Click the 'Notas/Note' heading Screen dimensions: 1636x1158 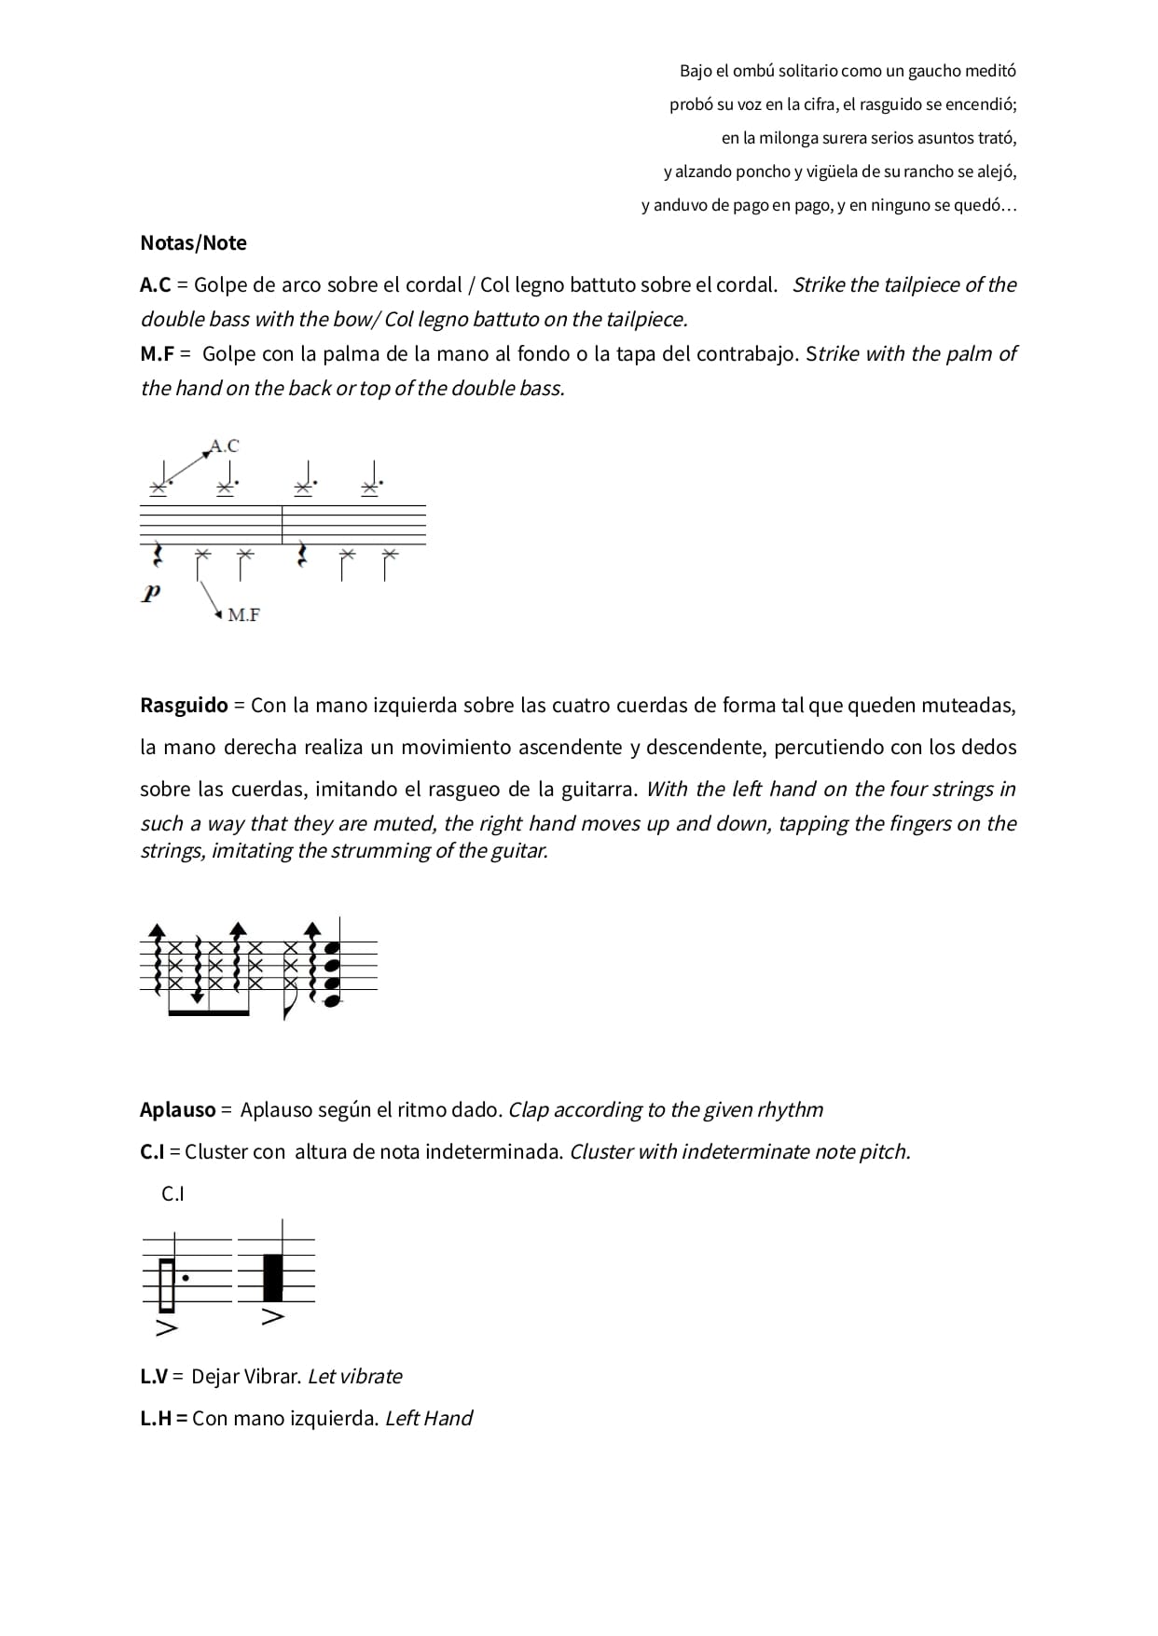(193, 243)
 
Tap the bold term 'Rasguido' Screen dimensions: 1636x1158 (184, 706)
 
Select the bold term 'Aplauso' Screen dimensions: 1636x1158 (177, 1110)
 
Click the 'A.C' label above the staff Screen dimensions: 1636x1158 (225, 447)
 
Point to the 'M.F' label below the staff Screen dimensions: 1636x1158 (243, 615)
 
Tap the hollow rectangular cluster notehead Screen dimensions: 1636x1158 (167, 1284)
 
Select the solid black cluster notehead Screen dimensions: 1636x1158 (272, 1278)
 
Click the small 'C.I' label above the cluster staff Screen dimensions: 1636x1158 (173, 1194)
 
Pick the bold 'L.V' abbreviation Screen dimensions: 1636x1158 (154, 1377)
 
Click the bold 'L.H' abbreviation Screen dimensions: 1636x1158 (155, 1419)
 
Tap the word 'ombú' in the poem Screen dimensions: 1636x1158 (753, 71)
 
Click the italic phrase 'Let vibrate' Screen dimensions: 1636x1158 (354, 1377)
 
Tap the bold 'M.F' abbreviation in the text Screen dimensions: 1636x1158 (158, 354)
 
